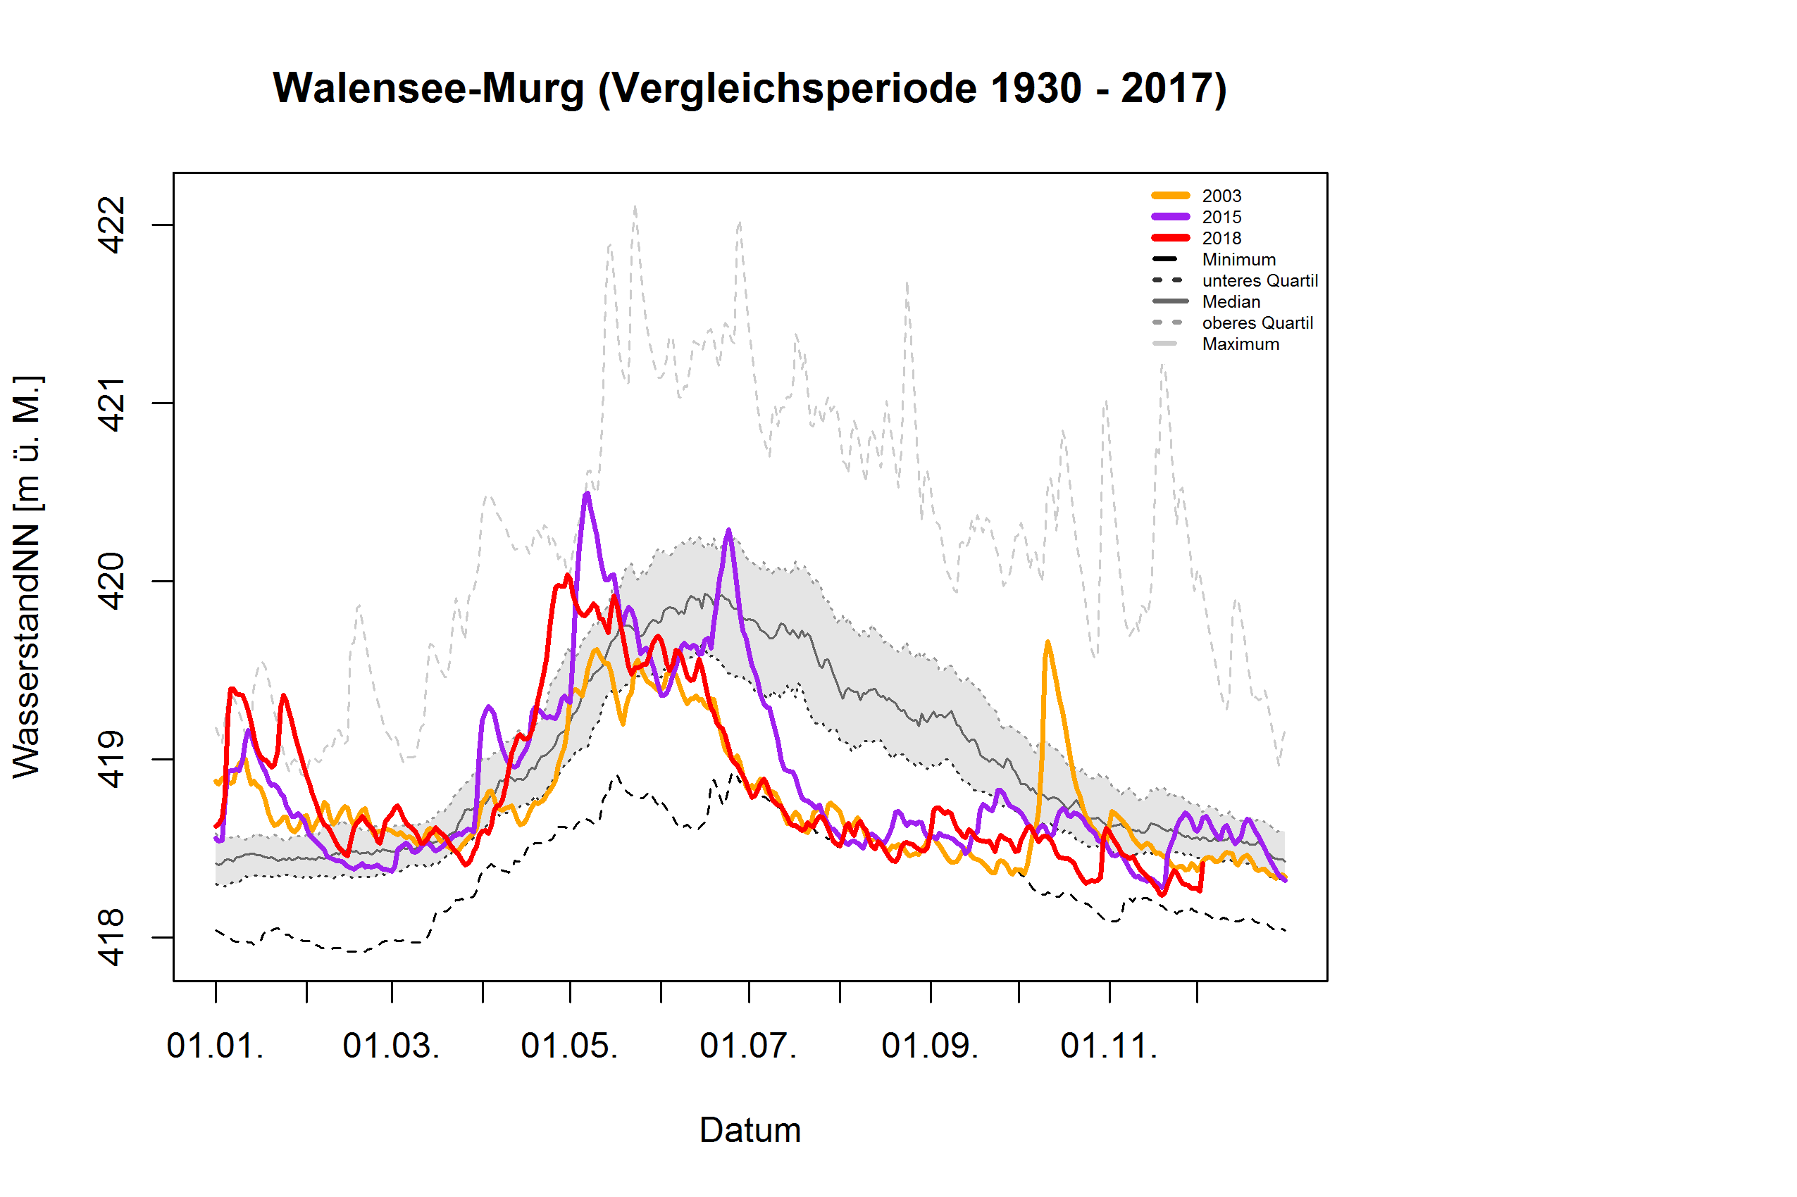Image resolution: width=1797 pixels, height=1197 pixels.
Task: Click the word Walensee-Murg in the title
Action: (428, 89)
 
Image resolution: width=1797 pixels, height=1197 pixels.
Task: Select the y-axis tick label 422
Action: (111, 225)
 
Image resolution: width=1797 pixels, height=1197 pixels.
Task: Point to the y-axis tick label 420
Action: (111, 582)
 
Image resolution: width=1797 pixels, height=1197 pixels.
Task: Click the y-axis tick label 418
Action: (111, 937)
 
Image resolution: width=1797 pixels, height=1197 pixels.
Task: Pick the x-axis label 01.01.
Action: (216, 1046)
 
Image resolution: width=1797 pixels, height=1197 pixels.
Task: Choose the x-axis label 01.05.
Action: (569, 1046)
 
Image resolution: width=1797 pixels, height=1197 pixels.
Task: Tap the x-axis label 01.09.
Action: (929, 1046)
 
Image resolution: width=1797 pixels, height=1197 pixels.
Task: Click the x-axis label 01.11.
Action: (1109, 1046)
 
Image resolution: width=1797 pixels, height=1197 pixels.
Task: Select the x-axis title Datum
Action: (750, 1131)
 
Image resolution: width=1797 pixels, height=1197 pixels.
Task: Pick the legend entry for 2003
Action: (1221, 196)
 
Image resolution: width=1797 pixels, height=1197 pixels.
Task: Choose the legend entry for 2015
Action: (1221, 218)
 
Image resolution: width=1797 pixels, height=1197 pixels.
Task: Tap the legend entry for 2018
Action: (1221, 238)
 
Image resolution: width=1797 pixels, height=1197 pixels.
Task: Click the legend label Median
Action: (1231, 301)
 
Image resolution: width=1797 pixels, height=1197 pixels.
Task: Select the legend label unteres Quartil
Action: (1260, 281)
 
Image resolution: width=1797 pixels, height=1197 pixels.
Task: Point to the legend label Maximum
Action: (1241, 344)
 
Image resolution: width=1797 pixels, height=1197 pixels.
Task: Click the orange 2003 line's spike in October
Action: (1047, 642)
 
